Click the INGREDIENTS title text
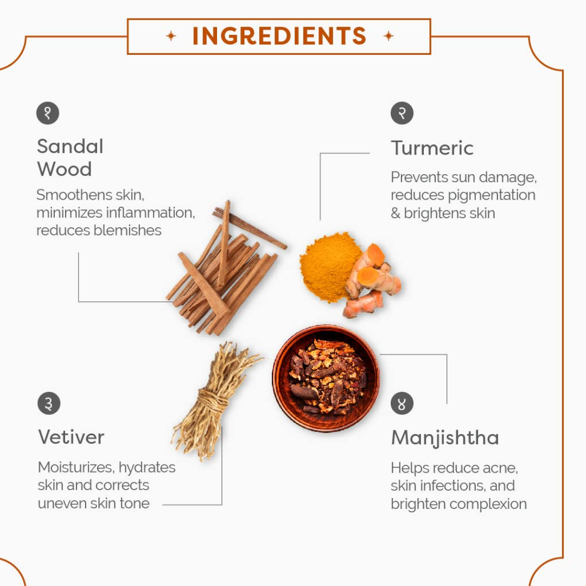[279, 36]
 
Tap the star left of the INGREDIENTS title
[171, 36]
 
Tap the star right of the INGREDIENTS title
[388, 36]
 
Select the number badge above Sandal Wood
[48, 113]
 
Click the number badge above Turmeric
[402, 113]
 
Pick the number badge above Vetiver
[49, 403]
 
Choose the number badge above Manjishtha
[402, 403]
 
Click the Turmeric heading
[432, 148]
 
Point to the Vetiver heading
[71, 437]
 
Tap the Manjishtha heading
[445, 438]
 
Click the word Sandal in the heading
[70, 146]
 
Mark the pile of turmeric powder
[328, 266]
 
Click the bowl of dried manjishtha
[326, 378]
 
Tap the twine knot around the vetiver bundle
[213, 400]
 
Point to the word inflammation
[151, 213]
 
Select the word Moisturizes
[76, 468]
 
